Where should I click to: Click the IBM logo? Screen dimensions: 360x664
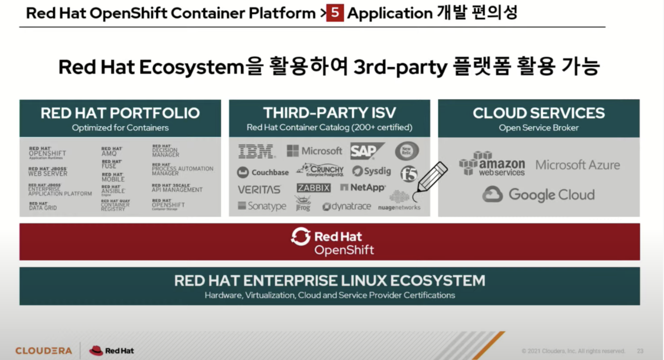[256, 151]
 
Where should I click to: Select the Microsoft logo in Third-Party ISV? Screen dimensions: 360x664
[314, 151]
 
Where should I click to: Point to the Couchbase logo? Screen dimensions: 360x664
[263, 172]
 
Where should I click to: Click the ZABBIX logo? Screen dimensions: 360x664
[313, 188]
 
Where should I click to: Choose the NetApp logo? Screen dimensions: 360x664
[363, 187]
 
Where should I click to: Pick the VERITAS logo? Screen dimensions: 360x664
[259, 189]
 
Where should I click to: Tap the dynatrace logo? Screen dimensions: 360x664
[347, 207]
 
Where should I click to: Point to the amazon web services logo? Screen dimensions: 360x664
[492, 164]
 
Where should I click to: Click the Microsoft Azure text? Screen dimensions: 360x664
[577, 165]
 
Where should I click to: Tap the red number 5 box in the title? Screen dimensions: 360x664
[335, 13]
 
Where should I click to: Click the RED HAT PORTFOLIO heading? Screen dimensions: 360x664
[120, 113]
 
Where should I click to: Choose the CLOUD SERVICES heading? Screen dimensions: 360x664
[538, 113]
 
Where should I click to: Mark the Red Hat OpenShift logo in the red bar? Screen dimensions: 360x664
[333, 242]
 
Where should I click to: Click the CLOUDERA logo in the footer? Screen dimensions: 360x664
[44, 350]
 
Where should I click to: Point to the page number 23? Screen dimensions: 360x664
[640, 351]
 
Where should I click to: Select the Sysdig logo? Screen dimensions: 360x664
[371, 171]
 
